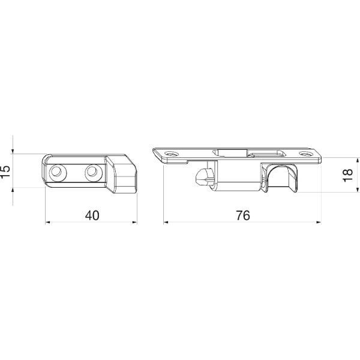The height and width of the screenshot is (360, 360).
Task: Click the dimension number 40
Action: [x=92, y=215]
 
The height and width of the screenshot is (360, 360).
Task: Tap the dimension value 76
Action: [x=243, y=215]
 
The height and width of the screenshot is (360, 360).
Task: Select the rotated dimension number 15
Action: [x=5, y=171]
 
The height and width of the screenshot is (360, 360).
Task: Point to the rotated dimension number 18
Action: [x=347, y=175]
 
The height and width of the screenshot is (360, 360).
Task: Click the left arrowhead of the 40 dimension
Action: [x=48, y=222]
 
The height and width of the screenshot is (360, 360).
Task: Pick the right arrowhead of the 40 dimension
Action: [x=134, y=222]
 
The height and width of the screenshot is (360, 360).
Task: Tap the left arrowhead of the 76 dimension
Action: [x=166, y=222]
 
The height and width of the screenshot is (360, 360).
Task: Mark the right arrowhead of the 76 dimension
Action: [x=319, y=222]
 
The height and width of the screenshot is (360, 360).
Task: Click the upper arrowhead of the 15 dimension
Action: [x=13, y=151]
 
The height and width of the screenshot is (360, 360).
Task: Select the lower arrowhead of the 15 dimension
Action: [x=13, y=190]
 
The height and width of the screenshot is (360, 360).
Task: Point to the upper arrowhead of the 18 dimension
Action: [x=357, y=160]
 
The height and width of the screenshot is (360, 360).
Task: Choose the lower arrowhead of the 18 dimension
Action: [x=357, y=189]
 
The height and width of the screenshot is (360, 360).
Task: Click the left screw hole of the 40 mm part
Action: [x=58, y=173]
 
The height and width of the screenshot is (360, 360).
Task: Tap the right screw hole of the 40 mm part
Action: [x=93, y=173]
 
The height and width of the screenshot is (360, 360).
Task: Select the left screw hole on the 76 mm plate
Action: [x=171, y=154]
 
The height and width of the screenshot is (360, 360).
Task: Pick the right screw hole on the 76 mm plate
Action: [x=305, y=154]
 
